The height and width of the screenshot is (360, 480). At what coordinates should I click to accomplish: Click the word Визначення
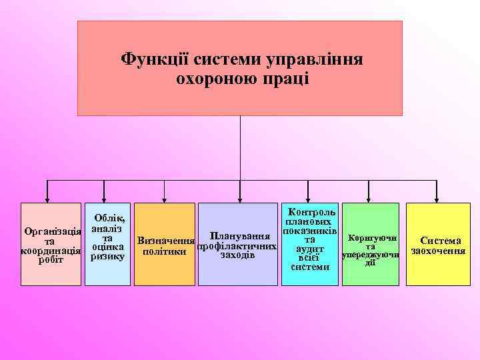coord(165,240)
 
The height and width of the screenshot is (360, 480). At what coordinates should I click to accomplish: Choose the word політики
coord(165,250)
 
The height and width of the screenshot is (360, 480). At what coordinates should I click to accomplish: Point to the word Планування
coord(239,236)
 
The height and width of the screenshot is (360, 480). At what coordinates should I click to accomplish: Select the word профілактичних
coord(237,246)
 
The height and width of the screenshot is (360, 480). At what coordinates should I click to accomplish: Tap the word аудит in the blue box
coord(310,249)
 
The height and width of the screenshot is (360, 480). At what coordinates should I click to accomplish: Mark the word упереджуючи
coord(371,255)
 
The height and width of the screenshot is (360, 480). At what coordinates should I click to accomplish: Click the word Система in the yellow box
coord(438,241)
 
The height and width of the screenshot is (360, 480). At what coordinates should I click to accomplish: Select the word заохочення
coord(438,251)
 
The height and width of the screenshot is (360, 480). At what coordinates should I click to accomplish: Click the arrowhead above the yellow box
coord(436,197)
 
